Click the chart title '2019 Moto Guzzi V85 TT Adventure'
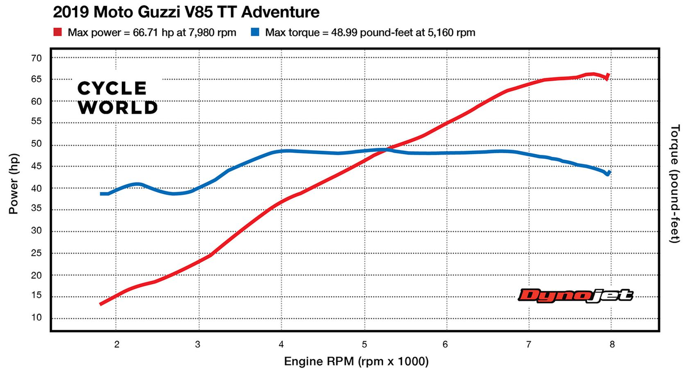click(186, 12)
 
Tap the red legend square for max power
click(58, 32)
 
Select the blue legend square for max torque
click(255, 32)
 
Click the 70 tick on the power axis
click(37, 58)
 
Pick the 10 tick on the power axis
click(37, 317)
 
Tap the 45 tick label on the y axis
click(37, 166)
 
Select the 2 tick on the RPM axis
click(117, 344)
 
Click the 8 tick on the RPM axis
click(612, 344)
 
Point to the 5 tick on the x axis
click(364, 344)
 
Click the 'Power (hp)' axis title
click(13, 184)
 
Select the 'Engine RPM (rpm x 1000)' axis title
click(356, 361)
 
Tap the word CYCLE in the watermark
click(112, 88)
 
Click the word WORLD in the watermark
click(118, 108)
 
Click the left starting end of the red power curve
click(101, 304)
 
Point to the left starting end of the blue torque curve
click(101, 194)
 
